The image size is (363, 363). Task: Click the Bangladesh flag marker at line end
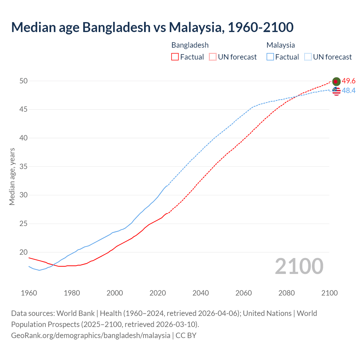(336, 81)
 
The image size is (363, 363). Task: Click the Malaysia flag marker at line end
(336, 91)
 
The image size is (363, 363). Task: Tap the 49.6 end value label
(349, 81)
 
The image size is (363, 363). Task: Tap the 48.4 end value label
(349, 91)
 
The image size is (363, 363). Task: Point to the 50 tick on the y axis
(24, 81)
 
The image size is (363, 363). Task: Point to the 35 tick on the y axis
(24, 167)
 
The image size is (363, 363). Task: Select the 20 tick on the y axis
(24, 252)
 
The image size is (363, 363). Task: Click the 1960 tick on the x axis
(29, 293)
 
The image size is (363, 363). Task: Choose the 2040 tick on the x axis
(201, 293)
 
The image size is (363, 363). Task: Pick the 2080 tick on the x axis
(286, 293)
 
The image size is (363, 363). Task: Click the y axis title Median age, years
(12, 176)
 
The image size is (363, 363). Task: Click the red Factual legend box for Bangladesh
(175, 57)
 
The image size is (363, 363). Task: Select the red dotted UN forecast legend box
(213, 57)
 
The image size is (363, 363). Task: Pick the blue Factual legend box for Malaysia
(270, 57)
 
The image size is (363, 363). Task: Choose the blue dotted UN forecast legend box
(308, 57)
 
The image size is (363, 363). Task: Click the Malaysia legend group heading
(280, 45)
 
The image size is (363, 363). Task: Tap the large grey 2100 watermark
(299, 266)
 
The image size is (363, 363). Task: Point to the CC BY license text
(186, 335)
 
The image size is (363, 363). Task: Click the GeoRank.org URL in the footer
(91, 335)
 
